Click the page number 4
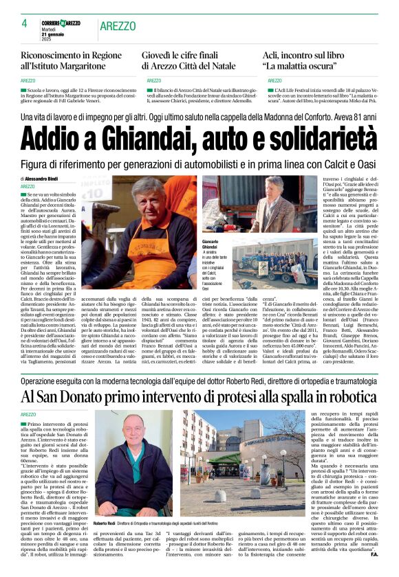(24, 23)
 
